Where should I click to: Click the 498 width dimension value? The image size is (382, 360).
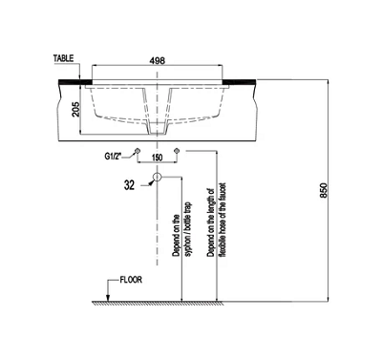158,60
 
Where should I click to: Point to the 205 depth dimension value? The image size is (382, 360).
75,110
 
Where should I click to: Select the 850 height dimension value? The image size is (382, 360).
323,190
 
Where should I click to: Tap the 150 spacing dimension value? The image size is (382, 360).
158,158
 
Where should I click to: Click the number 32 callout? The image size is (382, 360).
129,185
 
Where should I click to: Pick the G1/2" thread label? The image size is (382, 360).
113,157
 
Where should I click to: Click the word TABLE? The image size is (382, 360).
63,58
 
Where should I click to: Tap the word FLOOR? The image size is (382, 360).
131,280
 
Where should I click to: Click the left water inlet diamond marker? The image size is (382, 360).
138,150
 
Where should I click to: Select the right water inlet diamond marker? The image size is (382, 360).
177,150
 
